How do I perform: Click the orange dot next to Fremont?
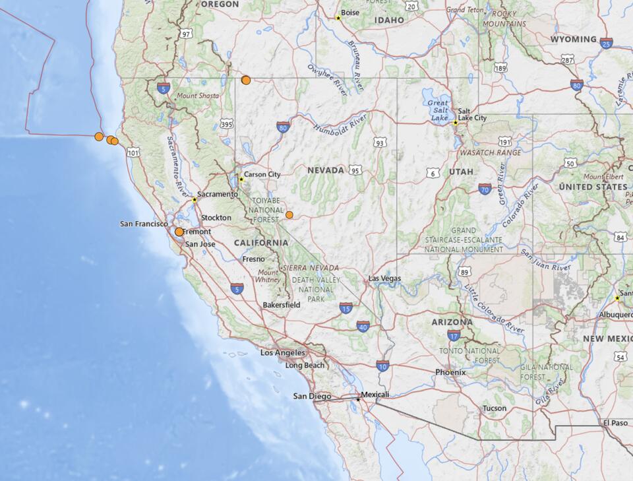[x=179, y=232]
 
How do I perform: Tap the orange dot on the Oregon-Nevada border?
[x=246, y=80]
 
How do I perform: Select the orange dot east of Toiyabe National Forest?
[x=289, y=214]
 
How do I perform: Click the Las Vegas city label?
[x=384, y=278]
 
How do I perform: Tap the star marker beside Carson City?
[x=241, y=179]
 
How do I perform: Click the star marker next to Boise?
[x=338, y=18]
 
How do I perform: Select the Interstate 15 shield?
[x=346, y=308]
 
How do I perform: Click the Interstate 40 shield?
[x=363, y=326]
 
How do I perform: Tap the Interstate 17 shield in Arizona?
[x=453, y=335]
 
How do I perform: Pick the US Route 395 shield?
[x=226, y=123]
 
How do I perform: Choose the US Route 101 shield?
[x=133, y=152]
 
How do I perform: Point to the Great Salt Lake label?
[x=438, y=110]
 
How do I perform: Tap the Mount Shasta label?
[x=198, y=96]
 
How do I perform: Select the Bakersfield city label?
[x=282, y=305]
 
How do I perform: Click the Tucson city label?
[x=495, y=408]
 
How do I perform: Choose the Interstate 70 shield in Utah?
[x=485, y=189]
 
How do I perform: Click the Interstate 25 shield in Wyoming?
[x=606, y=44]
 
